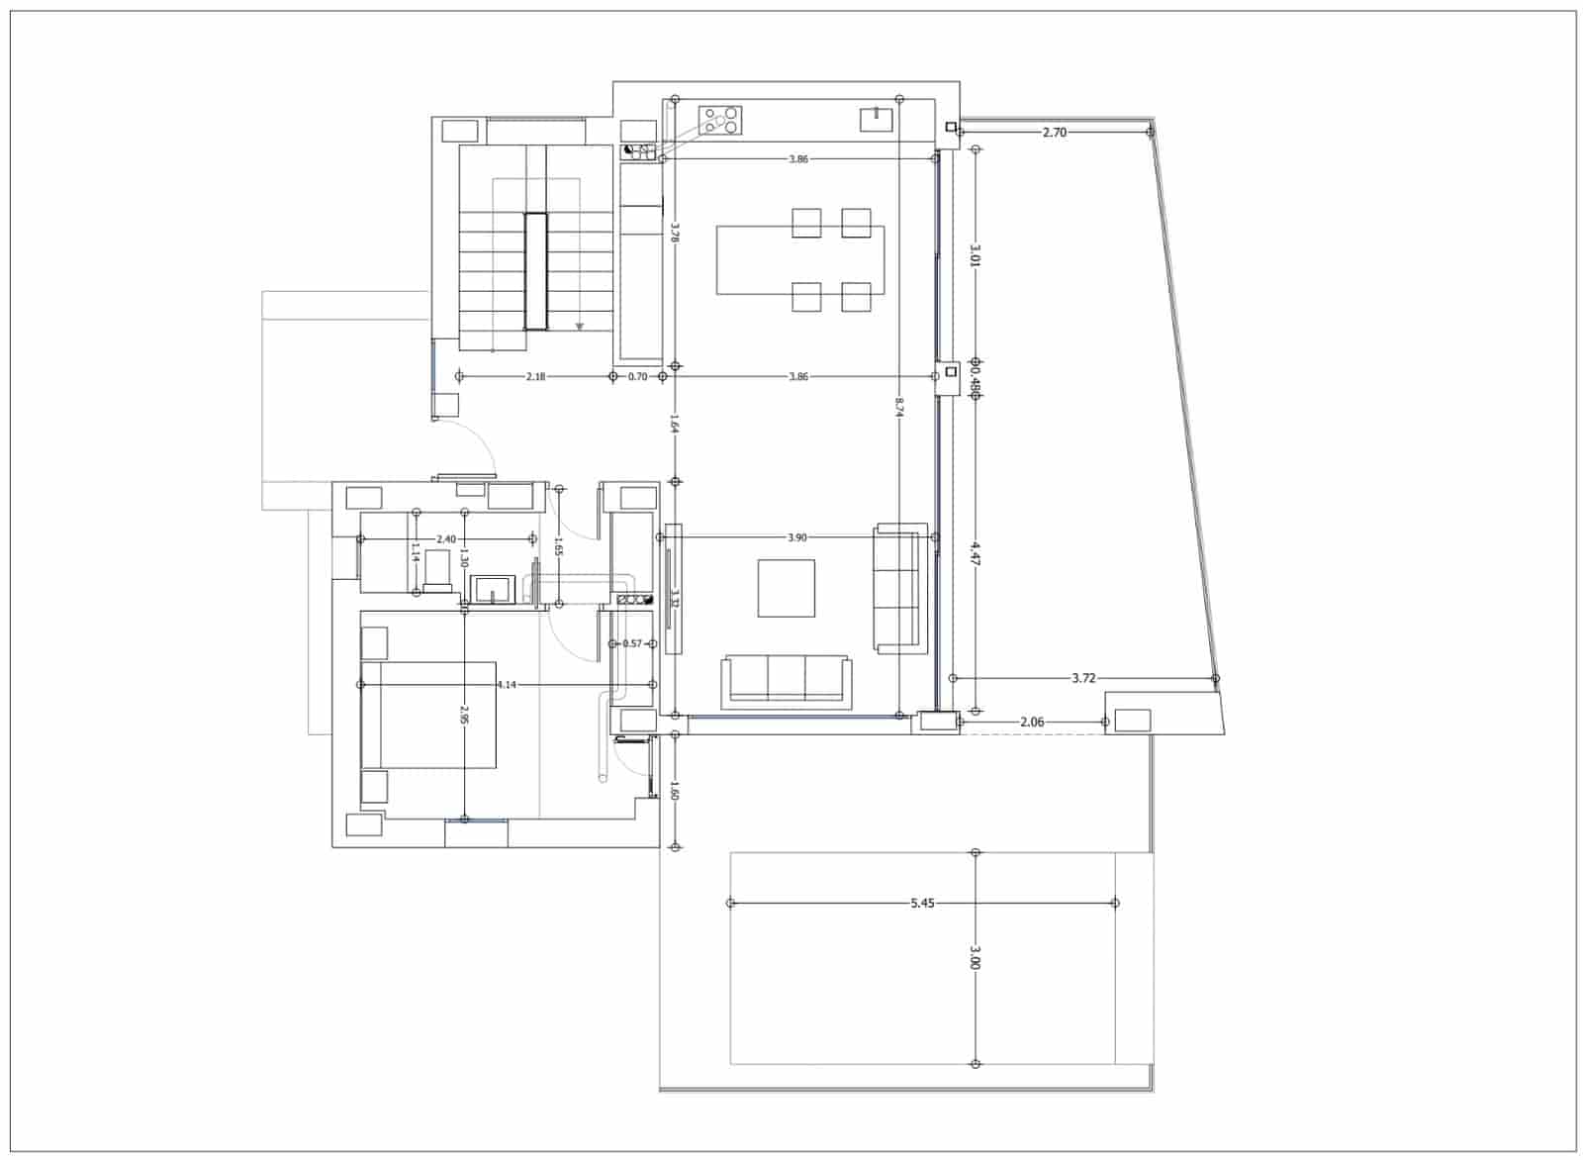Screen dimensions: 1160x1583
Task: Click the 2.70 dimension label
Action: click(x=1055, y=132)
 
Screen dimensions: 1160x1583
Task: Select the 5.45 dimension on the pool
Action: click(x=921, y=903)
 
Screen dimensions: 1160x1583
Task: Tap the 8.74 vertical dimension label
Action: click(x=898, y=408)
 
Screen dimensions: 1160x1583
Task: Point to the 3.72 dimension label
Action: click(x=1083, y=678)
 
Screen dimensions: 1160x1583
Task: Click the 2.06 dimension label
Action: click(x=1032, y=723)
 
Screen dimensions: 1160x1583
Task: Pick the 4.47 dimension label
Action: click(x=976, y=553)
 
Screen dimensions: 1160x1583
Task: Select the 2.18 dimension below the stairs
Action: click(x=535, y=376)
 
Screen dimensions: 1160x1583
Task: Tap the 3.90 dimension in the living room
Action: click(x=796, y=537)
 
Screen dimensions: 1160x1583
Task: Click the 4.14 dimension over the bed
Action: click(x=506, y=684)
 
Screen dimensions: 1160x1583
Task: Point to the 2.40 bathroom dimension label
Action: click(x=446, y=539)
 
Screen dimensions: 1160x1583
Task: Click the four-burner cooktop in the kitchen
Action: click(x=720, y=121)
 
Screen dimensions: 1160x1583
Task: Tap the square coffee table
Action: click(x=787, y=588)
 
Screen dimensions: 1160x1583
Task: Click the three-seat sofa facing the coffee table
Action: click(x=788, y=681)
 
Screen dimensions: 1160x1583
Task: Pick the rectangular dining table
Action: click(x=799, y=260)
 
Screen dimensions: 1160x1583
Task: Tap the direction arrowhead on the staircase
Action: click(x=580, y=327)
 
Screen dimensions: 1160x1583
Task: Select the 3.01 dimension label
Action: click(x=976, y=256)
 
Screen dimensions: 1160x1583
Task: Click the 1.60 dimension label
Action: click(x=675, y=791)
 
